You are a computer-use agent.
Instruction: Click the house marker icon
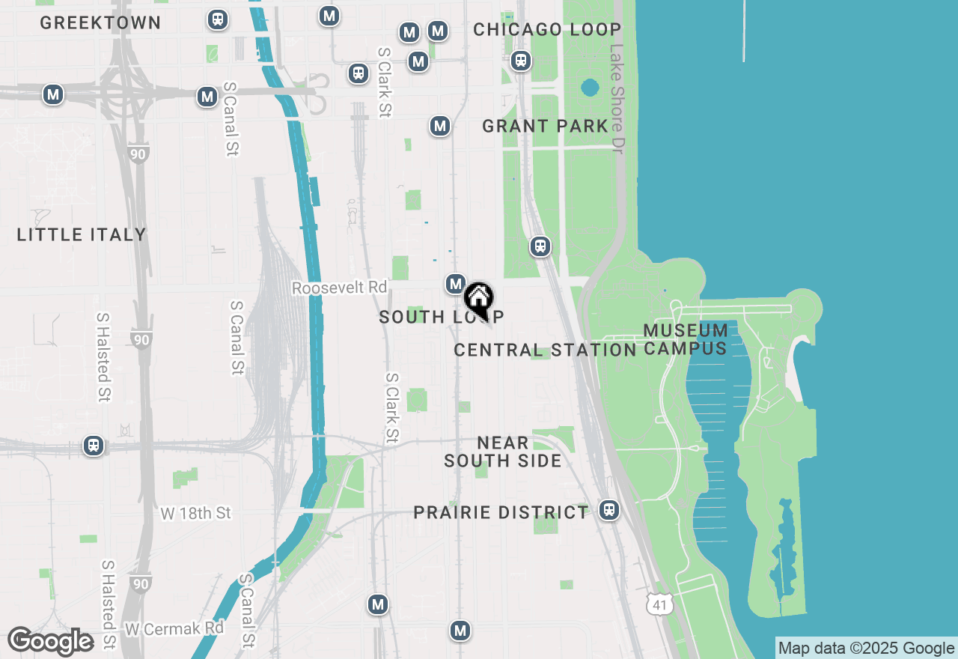pos(478,300)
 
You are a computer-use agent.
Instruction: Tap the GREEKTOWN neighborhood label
pos(100,23)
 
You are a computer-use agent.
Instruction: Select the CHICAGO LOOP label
pos(547,30)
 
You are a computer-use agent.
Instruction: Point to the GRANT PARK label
pos(545,126)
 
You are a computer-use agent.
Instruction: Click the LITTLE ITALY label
pos(82,234)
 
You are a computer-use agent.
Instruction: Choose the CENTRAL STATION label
pos(545,350)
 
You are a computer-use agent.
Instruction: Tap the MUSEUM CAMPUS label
pos(685,339)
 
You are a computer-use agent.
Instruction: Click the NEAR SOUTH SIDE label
pos(503,452)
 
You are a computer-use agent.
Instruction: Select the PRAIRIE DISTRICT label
pos(501,512)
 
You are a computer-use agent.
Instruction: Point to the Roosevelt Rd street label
pos(340,288)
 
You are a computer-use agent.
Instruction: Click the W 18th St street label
pos(196,513)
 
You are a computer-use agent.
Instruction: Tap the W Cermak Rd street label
pos(174,628)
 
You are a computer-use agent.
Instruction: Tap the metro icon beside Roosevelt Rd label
pos(455,284)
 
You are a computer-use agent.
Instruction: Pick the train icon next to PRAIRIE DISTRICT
pos(609,510)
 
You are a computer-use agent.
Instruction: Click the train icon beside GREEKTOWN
pos(218,19)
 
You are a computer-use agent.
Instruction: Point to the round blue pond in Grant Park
pos(589,88)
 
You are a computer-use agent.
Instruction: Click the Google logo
pos(51,641)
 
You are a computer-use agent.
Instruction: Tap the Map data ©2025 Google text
pos(866,649)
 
